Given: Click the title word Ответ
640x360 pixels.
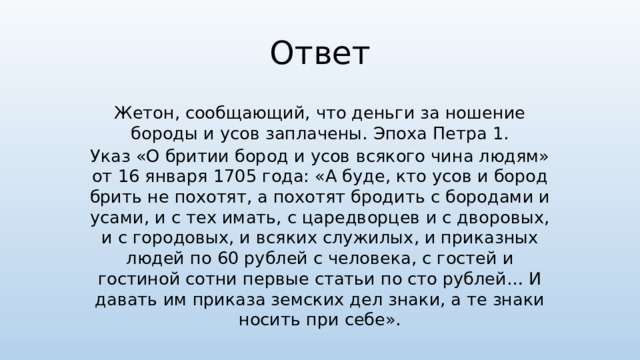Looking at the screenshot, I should click(x=320, y=54).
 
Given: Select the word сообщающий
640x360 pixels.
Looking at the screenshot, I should click(x=231, y=112).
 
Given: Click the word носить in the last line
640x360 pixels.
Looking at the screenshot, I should click(x=268, y=322).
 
